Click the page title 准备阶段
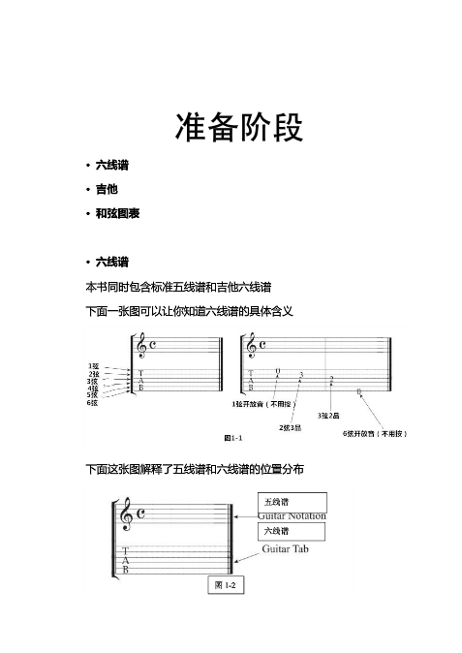(230, 125)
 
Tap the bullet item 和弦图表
(116, 212)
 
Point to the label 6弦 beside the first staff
(93, 402)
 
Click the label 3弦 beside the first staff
(93, 380)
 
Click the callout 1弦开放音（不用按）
(265, 403)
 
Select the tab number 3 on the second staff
(302, 374)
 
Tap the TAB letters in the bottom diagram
(126, 560)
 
